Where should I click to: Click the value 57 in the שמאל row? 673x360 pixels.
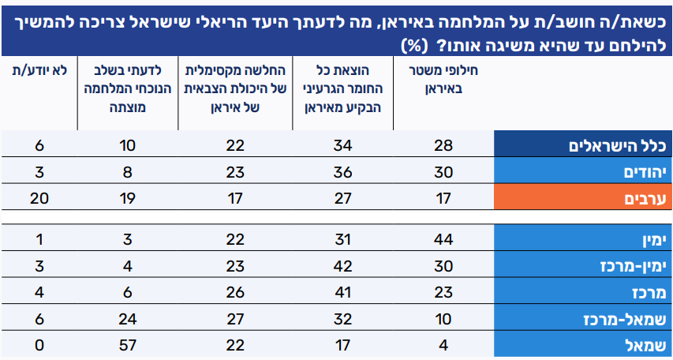[127, 344]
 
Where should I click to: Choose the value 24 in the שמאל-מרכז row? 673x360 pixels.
[127, 318]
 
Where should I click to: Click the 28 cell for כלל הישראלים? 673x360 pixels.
[443, 145]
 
